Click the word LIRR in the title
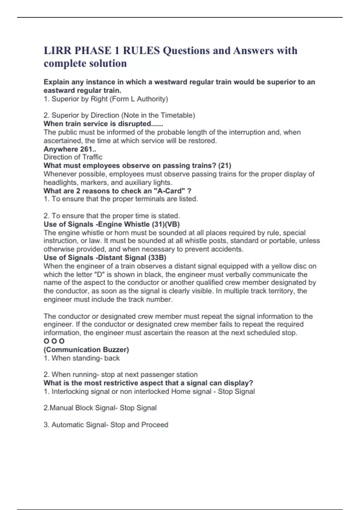pos(57,50)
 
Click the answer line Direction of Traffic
pos(73,157)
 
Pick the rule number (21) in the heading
pos(224,165)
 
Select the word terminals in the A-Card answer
pos(127,199)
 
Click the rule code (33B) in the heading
pos(157,257)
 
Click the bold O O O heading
pos(54,341)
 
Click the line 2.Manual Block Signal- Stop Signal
pos(100,408)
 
